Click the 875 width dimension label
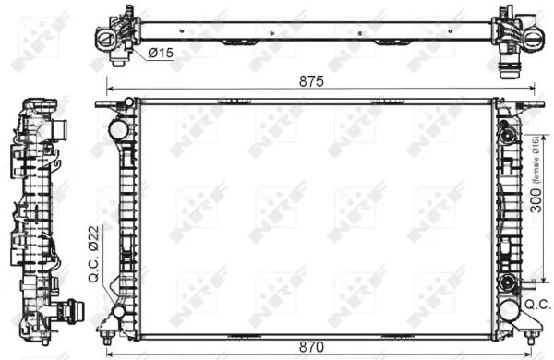coord(309,80)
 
